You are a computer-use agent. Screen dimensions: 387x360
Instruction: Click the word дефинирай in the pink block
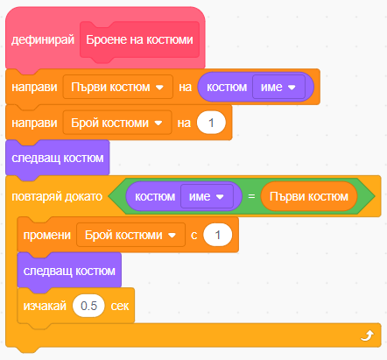coord(43,39)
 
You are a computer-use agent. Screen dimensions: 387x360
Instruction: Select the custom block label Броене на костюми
coord(139,39)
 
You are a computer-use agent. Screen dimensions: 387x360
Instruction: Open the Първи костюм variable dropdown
coord(118,87)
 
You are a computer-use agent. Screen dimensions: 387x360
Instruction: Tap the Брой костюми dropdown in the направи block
coord(117,123)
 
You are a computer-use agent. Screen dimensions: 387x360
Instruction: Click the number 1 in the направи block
coord(211,123)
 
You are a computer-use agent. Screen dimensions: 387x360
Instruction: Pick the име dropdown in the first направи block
coord(278,87)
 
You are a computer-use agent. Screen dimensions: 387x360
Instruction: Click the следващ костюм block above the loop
coord(58,158)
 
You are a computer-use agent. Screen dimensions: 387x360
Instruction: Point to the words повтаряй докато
coord(57,196)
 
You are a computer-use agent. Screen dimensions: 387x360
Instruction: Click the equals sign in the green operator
coord(251,196)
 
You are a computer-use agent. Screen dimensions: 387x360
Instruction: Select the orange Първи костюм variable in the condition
coord(309,196)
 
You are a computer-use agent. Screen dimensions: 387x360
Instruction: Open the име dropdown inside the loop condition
coord(207,196)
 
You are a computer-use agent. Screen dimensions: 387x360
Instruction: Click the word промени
coord(47,235)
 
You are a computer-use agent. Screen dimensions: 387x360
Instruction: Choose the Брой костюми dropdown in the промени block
coord(130,235)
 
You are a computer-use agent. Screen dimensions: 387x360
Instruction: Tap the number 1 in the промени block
coord(218,235)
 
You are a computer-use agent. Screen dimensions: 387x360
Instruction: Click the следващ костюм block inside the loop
coord(69,272)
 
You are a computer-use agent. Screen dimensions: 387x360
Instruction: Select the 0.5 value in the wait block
coord(88,306)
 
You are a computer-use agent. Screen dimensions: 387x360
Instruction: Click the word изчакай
coord(45,306)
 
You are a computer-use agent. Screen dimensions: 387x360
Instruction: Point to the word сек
coord(120,306)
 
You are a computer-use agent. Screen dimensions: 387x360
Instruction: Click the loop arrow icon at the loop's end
coord(367,335)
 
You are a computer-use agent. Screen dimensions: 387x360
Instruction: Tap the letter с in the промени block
coord(194,236)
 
